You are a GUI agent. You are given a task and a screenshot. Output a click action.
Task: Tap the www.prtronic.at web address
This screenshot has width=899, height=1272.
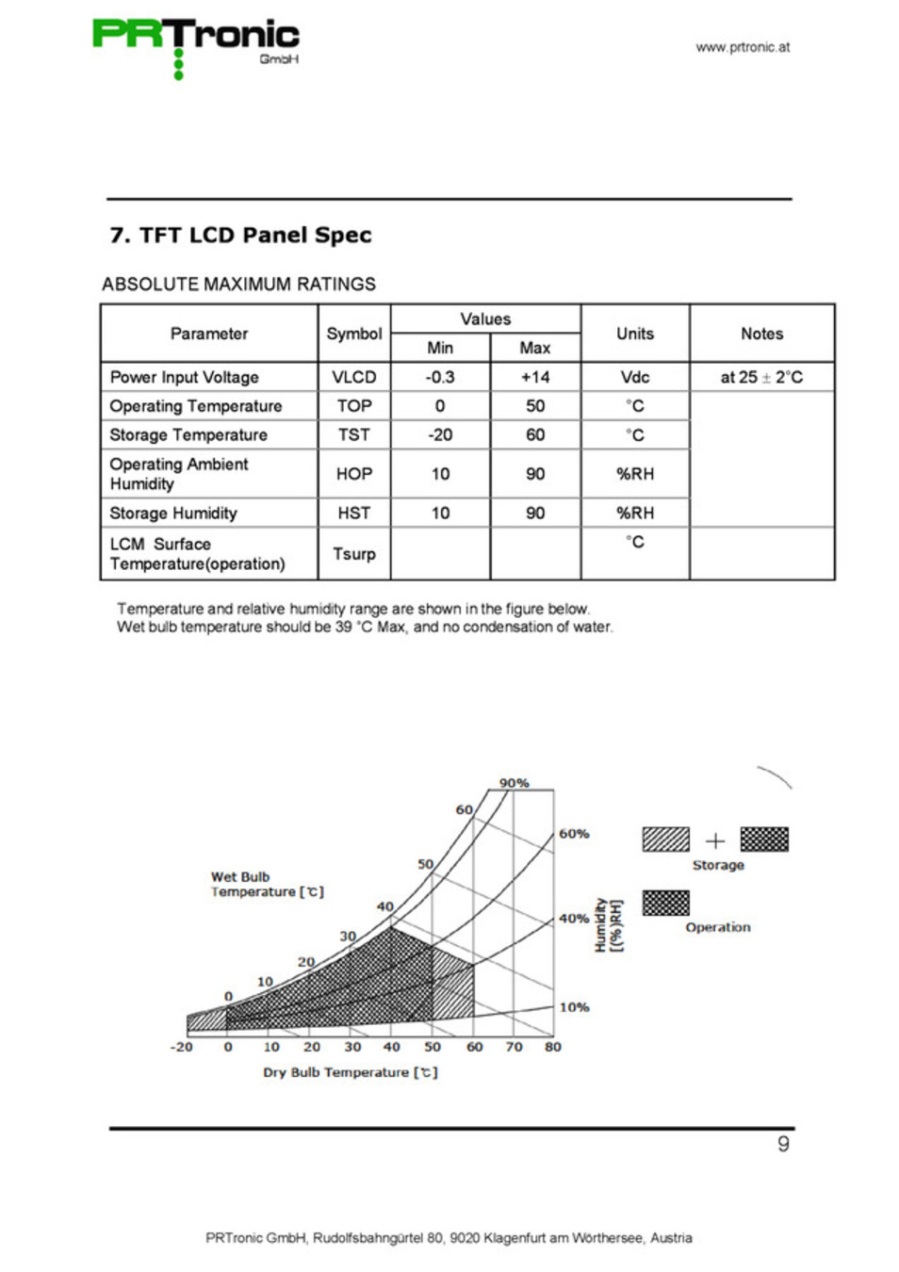(x=743, y=47)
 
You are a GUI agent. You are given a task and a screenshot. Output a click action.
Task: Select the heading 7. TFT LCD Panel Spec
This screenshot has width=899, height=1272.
(x=240, y=235)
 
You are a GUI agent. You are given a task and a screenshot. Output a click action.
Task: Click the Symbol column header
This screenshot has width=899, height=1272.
(x=354, y=334)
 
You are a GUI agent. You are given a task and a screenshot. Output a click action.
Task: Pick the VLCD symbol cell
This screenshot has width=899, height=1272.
(x=354, y=377)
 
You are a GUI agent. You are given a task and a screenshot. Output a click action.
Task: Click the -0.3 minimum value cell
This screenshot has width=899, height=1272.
(x=440, y=377)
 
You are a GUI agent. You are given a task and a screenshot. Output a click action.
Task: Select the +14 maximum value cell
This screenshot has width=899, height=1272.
(x=535, y=377)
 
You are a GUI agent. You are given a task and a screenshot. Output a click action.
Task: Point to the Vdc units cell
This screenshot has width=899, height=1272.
(x=635, y=377)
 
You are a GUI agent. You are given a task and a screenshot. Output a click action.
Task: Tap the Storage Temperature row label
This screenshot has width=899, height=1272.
(x=188, y=434)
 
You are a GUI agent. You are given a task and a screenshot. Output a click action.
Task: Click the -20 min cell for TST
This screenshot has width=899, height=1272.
(x=440, y=434)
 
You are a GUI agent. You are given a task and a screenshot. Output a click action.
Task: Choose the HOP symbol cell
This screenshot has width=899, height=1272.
(x=354, y=474)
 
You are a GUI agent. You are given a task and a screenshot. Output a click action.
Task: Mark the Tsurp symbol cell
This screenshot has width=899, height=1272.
(x=354, y=554)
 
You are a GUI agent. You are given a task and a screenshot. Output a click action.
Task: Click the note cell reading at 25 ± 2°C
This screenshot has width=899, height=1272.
(x=761, y=377)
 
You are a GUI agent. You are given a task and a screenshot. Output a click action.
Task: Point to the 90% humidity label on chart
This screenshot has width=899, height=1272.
(x=515, y=783)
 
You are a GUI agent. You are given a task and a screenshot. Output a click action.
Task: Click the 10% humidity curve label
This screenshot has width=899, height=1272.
(x=574, y=1007)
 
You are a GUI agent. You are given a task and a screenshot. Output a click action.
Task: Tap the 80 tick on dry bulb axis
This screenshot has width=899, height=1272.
(x=553, y=1047)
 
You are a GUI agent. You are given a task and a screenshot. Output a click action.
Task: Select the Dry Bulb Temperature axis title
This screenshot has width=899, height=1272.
(x=350, y=1072)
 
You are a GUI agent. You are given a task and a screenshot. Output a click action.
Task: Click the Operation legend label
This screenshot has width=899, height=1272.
(x=718, y=927)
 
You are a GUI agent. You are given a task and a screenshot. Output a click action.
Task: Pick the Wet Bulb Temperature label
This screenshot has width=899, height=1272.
(x=267, y=884)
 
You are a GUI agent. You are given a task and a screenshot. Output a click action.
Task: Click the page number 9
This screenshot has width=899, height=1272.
(x=783, y=1144)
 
